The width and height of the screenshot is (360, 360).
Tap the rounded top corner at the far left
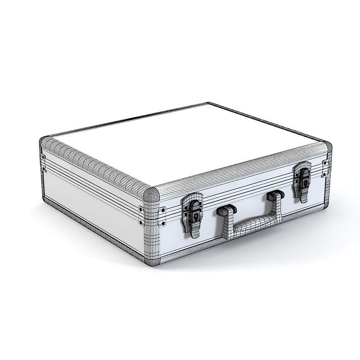point(44,142)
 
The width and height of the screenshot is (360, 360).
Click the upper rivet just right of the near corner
point(162,210)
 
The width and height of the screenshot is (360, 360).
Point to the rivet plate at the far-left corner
point(43,162)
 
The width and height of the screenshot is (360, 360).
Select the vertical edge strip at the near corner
point(152,225)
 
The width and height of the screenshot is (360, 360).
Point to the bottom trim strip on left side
point(90,227)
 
